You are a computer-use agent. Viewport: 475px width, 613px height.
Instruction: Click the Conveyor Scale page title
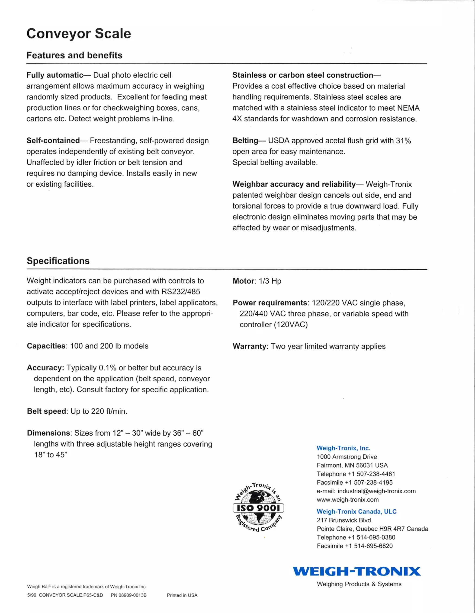point(79,34)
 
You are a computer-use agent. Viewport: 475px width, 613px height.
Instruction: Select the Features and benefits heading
point(74,55)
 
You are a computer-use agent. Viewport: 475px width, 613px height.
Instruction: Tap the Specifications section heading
point(58,261)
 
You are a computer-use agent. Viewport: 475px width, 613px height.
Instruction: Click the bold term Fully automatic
point(55,75)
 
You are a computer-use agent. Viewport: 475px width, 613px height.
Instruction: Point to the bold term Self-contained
point(53,141)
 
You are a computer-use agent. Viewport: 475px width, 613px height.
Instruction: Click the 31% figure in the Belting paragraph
point(403,141)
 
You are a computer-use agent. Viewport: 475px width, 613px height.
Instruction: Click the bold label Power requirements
point(270,303)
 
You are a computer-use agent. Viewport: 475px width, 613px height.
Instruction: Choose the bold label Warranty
point(249,346)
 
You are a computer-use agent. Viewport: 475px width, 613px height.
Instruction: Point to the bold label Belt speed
point(47,411)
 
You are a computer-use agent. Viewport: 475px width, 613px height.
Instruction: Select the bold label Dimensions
point(48,433)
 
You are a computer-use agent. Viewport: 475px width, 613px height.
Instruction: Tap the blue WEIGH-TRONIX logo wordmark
point(356,571)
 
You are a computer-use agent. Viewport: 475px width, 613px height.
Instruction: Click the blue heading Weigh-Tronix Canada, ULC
point(356,511)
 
